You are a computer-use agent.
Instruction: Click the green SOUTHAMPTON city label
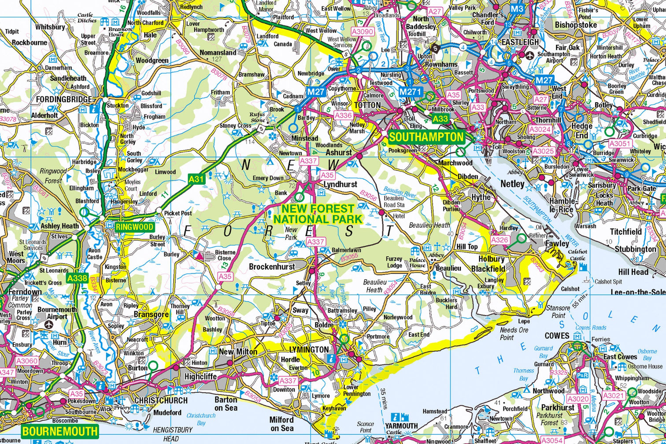[x=426, y=137]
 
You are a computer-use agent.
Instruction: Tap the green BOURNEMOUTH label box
[x=59, y=430]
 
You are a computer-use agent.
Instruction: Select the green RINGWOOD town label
[x=135, y=227]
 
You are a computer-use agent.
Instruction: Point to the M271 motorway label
[x=411, y=92]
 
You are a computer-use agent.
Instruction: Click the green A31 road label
[x=196, y=179]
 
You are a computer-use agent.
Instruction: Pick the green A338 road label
[x=77, y=278]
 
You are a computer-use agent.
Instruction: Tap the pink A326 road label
[x=499, y=240]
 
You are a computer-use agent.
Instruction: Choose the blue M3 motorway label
[x=517, y=9]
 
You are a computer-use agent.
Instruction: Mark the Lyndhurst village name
[x=340, y=185]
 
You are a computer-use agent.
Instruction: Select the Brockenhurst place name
[x=271, y=266]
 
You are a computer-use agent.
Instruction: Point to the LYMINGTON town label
[x=309, y=349]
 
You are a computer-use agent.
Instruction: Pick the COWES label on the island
[x=557, y=336]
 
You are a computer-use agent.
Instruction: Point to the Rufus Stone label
[x=258, y=117]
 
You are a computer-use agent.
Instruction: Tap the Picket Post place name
[x=178, y=213]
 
